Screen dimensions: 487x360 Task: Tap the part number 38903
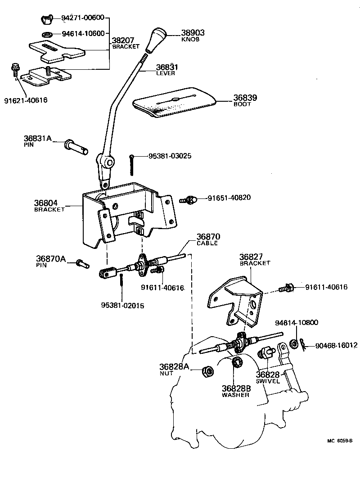[193, 33]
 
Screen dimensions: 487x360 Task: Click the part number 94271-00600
[83, 18]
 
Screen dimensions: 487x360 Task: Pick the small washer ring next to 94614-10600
[46, 34]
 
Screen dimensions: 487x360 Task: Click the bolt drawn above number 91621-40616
[14, 70]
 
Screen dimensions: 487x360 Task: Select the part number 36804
[45, 203]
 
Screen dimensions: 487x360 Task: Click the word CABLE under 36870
[207, 243]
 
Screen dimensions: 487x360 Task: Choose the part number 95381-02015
[123, 305]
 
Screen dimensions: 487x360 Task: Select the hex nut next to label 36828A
[207, 371]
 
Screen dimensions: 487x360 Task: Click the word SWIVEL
[268, 381]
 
